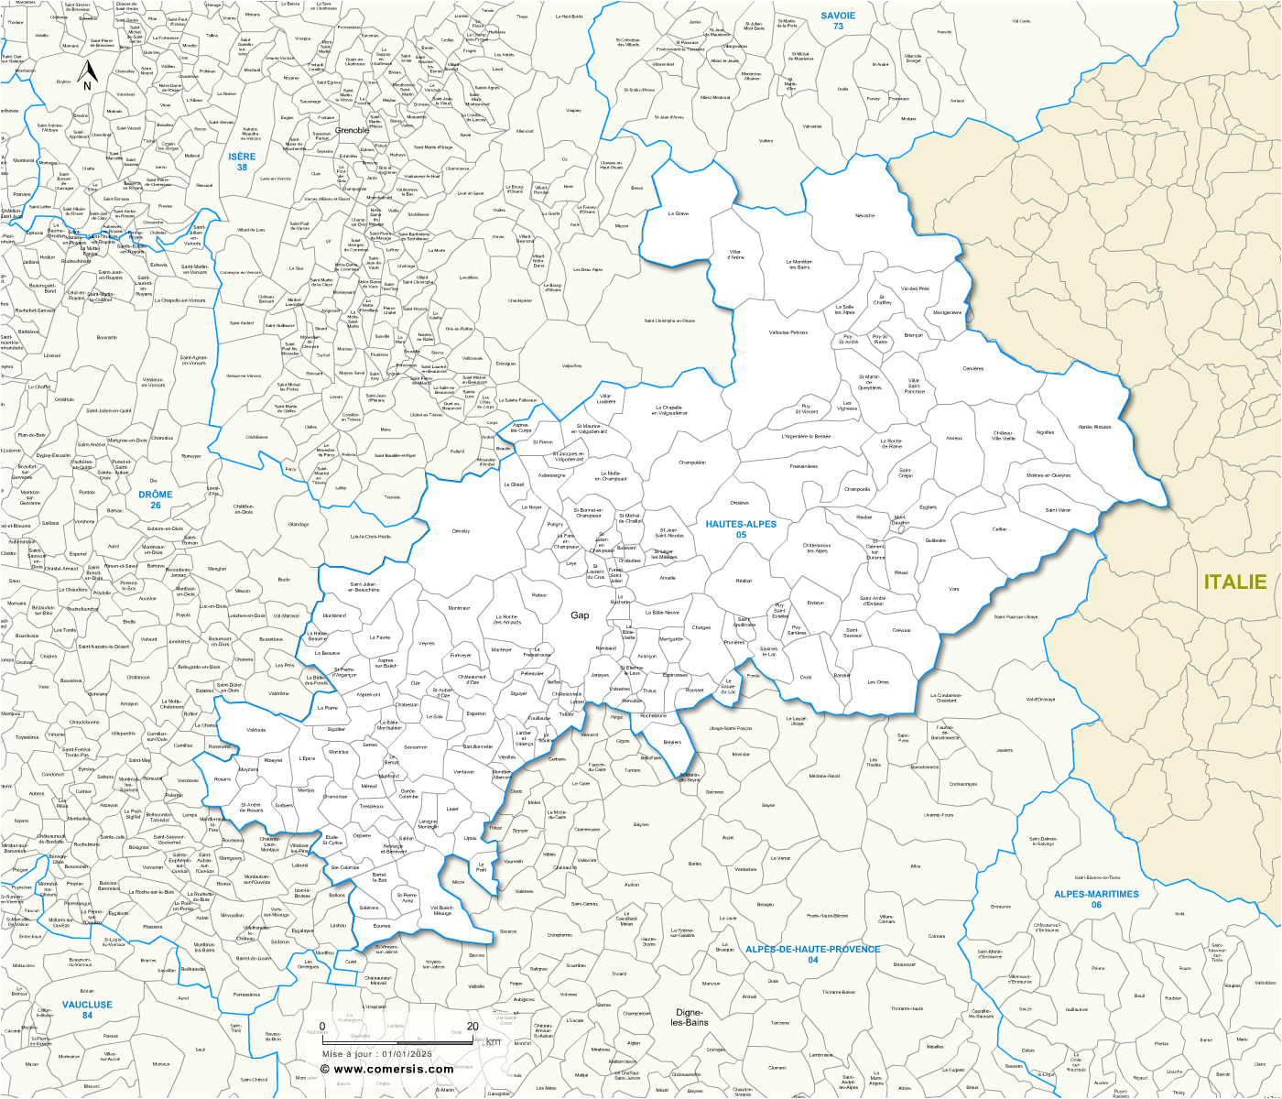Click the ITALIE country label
1234,582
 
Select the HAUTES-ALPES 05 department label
741,529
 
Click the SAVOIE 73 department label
838,21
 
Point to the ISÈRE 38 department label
242,162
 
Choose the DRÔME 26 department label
156,499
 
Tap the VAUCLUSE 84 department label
87,1009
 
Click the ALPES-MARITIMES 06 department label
1096,899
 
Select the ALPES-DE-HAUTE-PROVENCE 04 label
812,954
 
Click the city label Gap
580,615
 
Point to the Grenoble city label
353,130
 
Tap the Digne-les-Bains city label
691,1017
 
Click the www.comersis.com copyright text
386,1069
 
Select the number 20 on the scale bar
473,1027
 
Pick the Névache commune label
864,216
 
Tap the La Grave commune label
679,213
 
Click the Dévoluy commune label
461,531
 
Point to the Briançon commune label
913,335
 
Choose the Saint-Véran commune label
1058,510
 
